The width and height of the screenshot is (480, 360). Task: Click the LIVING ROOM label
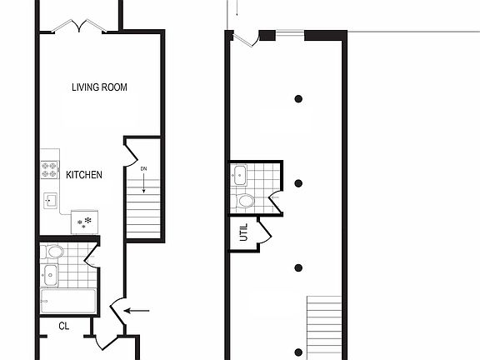tap(99, 87)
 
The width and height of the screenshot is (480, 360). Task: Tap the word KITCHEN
tap(84, 175)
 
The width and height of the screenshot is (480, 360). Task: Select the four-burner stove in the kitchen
tap(50, 170)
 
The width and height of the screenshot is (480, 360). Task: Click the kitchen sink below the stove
tap(51, 201)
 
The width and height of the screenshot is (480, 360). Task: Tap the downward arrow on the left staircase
tap(143, 187)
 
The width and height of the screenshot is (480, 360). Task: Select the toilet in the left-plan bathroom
tap(55, 251)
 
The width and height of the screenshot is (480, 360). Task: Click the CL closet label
tap(63, 326)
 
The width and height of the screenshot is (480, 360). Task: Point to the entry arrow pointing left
tap(137, 312)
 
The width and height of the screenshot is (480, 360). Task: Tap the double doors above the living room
tap(79, 27)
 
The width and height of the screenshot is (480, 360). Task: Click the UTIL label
tap(244, 234)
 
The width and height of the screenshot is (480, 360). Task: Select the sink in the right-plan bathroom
tap(241, 175)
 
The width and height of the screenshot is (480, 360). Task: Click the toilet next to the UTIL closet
tap(247, 201)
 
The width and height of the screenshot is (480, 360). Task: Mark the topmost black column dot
tap(298, 99)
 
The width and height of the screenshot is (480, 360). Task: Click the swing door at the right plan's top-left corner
tap(243, 38)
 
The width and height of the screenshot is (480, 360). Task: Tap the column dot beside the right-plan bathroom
tap(298, 183)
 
